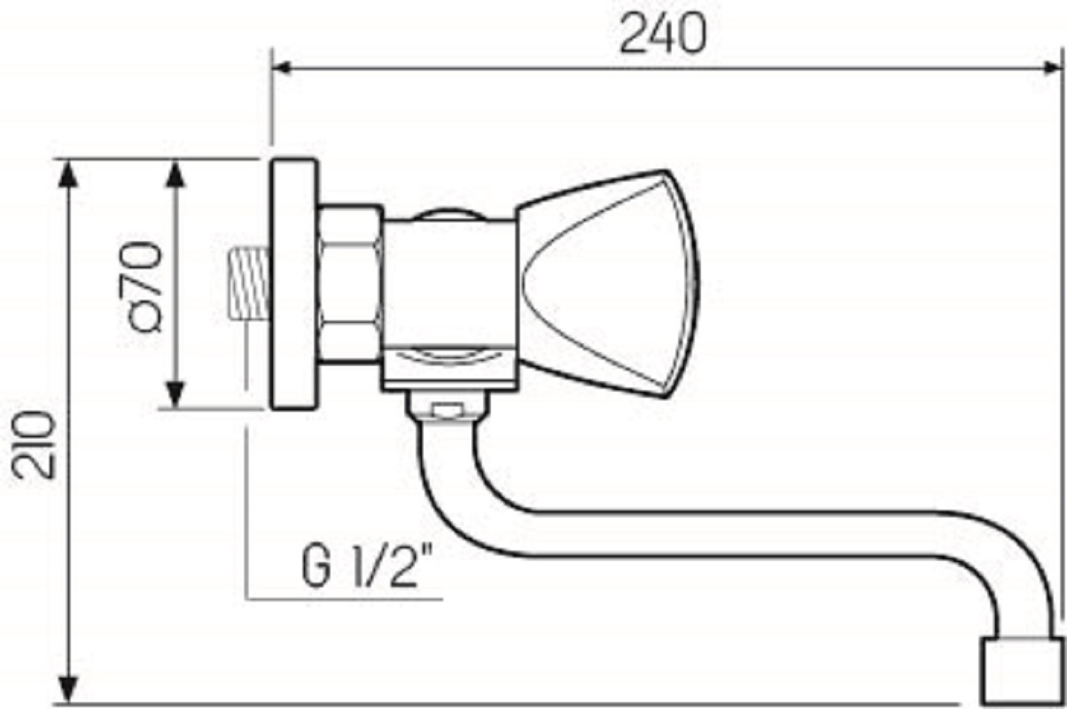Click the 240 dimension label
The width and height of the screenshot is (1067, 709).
[664, 34]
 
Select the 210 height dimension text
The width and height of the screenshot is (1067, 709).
[34, 445]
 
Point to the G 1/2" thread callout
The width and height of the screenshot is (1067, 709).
[366, 566]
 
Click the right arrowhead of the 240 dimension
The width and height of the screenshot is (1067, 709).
[1052, 68]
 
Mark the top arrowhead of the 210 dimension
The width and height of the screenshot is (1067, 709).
[68, 174]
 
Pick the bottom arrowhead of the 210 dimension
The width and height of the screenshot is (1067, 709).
[68, 689]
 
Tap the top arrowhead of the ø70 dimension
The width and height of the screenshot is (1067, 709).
[176, 174]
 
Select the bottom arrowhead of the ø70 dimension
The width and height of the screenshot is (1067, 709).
[176, 394]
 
